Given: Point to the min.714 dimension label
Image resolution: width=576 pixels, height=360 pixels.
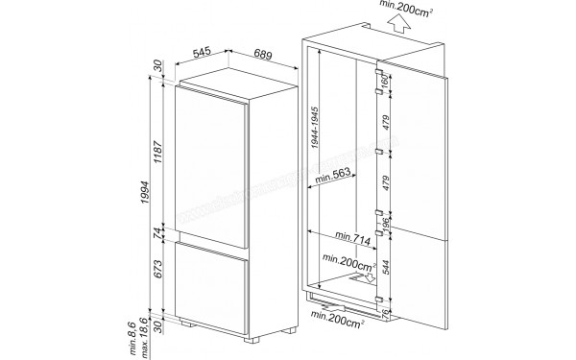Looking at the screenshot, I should [353, 235].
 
